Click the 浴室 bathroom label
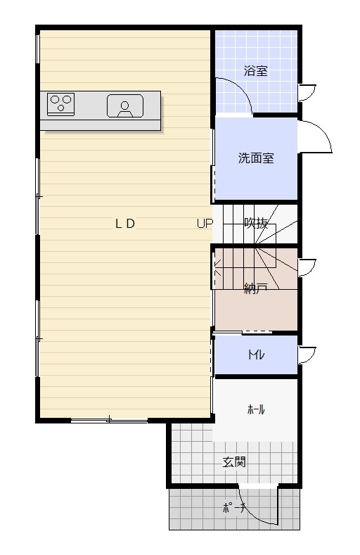click(x=255, y=71)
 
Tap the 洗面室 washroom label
click(x=256, y=158)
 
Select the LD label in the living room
click(x=125, y=224)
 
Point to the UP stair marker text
click(x=205, y=224)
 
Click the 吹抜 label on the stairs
click(x=256, y=223)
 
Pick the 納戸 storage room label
click(x=256, y=288)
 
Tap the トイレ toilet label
click(x=256, y=355)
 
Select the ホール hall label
click(x=256, y=410)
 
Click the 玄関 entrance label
click(x=234, y=462)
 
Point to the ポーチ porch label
click(x=233, y=509)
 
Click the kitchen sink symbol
click(x=125, y=106)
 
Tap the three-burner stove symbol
click(x=61, y=104)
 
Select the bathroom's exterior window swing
click(x=307, y=93)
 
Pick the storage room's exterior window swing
click(x=307, y=268)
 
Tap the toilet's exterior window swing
click(x=307, y=355)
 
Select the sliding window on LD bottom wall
click(x=109, y=421)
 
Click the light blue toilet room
click(x=256, y=355)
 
